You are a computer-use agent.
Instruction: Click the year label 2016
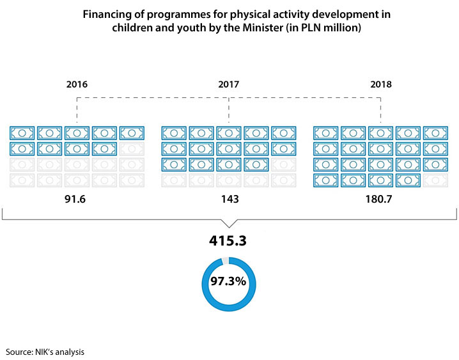coord(77,84)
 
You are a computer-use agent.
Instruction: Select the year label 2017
coord(229,84)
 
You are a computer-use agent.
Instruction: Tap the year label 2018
coord(381,84)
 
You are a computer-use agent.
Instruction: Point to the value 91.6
coord(77,199)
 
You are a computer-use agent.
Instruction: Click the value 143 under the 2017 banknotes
coord(229,199)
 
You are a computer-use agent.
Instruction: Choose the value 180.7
coord(381,199)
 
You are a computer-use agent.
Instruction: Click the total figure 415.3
coord(229,242)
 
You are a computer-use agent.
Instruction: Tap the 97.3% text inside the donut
coord(229,281)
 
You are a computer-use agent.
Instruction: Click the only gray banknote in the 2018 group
coord(436,180)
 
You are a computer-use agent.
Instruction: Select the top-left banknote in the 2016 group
coord(22,133)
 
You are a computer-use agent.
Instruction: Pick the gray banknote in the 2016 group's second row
coord(132,149)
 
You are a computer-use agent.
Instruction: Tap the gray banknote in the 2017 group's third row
coord(283,164)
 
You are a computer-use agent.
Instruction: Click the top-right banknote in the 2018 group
coord(436,133)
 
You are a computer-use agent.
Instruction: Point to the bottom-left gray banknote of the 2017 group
coord(173,180)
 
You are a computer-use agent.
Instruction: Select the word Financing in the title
coord(104,14)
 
